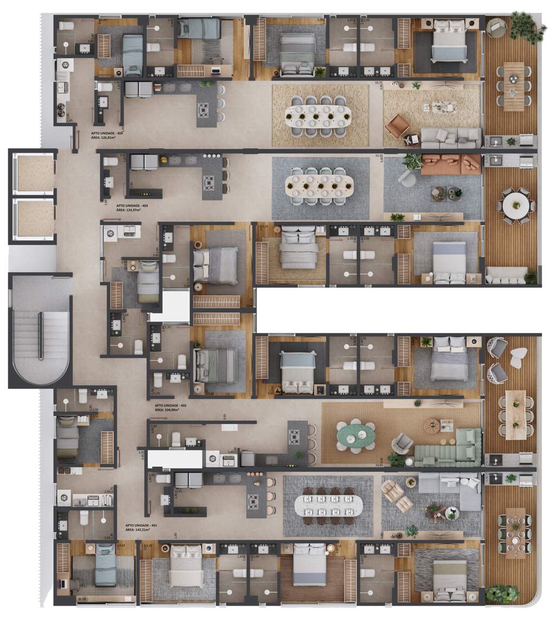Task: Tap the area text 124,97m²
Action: point(131,211)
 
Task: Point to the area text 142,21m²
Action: point(141,530)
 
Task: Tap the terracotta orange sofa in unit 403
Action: point(451,164)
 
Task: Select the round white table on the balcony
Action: point(515,205)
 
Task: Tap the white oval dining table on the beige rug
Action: point(319,115)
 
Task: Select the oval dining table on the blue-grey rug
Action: point(320,183)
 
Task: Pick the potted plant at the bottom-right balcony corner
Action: point(502,594)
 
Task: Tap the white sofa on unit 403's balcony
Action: point(507,275)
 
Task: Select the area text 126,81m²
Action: point(104,138)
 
